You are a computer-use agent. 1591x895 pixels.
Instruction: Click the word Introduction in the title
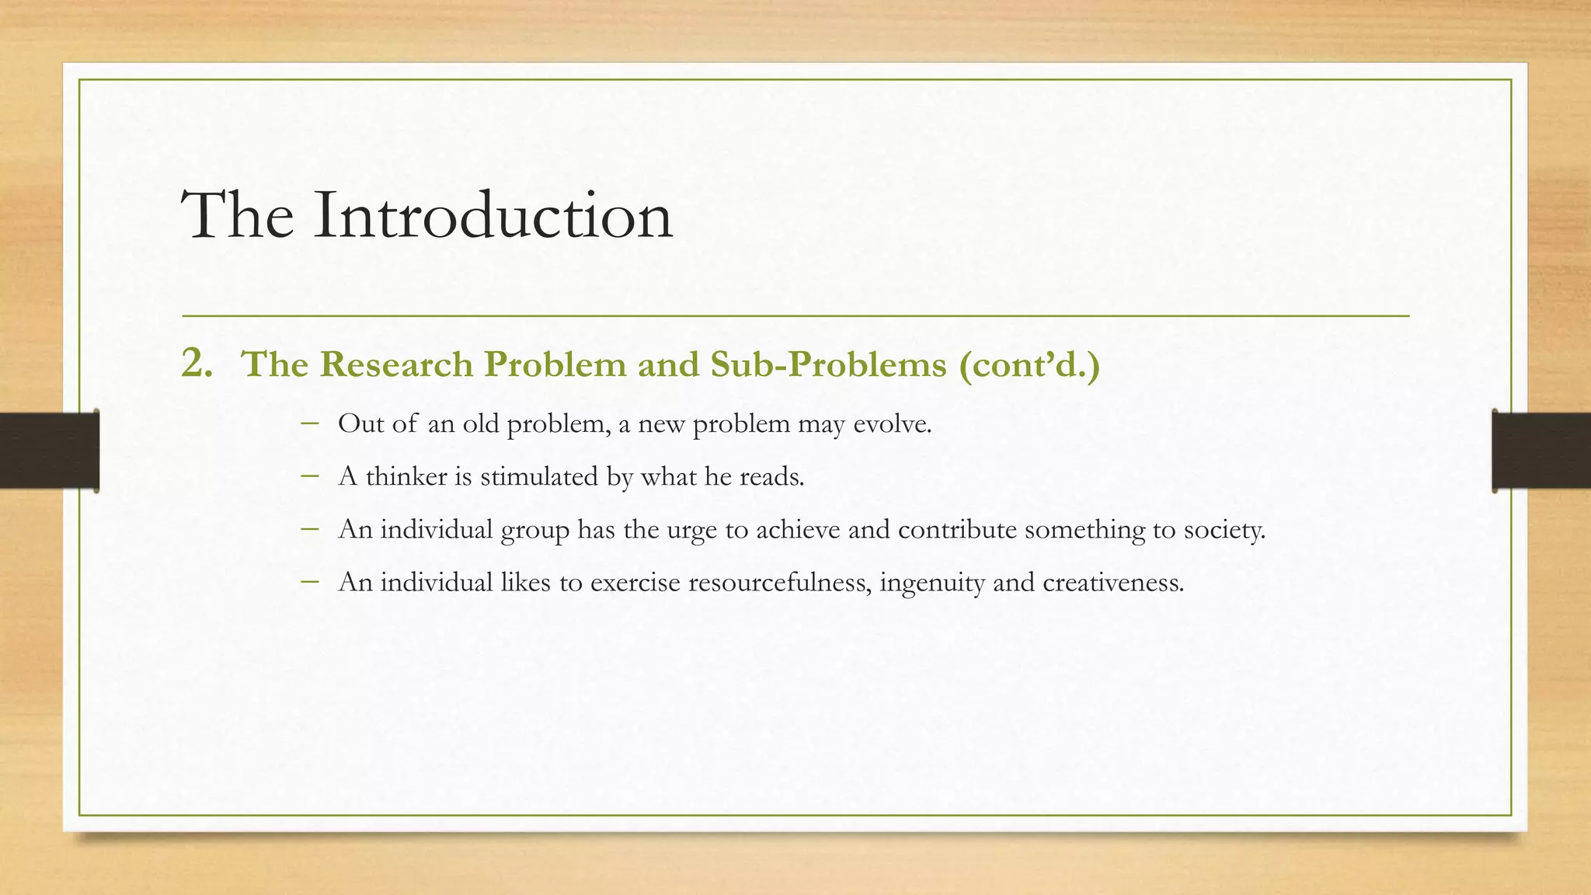pos(493,215)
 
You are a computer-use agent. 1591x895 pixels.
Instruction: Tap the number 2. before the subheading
pos(197,364)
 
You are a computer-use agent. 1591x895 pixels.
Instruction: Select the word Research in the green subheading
pos(400,364)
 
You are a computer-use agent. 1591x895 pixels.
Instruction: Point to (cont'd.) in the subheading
pos(1030,364)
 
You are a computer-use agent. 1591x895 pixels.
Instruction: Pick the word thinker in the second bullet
pos(406,476)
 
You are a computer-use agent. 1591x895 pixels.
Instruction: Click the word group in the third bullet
pos(534,531)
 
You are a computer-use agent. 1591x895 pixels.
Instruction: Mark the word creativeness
pos(1112,582)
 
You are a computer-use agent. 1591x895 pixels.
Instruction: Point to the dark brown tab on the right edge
pos(1541,451)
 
